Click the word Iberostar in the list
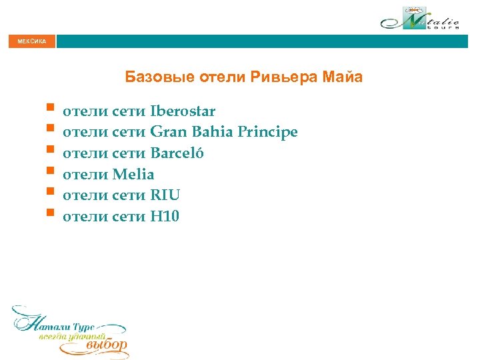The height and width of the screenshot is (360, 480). coord(183,111)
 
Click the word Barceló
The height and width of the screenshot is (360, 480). coord(177,153)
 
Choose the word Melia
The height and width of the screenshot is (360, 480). coord(133,175)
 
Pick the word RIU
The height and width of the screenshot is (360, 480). coord(165,195)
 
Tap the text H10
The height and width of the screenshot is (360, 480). coord(165,217)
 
